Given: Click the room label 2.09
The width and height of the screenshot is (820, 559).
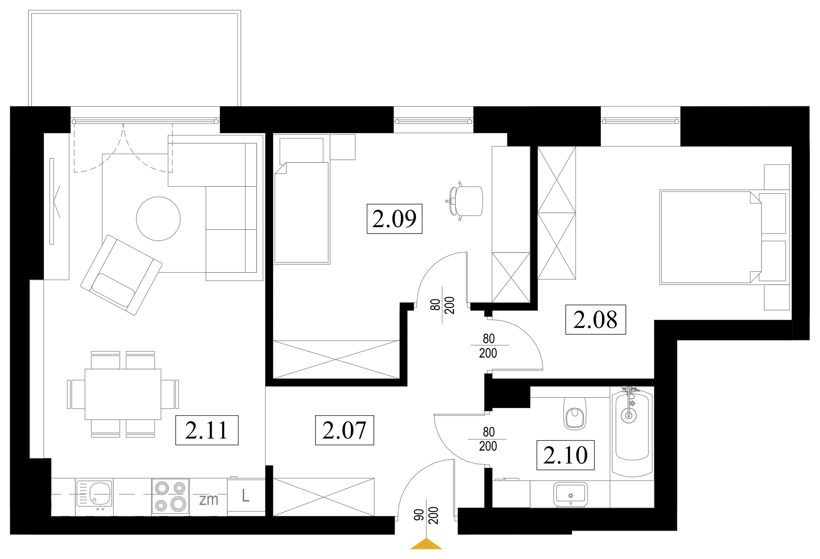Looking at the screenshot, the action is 395,219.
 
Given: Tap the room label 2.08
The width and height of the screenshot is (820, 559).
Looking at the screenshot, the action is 596,320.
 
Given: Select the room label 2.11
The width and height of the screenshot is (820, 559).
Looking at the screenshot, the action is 207,430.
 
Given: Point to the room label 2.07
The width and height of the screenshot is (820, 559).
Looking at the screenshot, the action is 344,430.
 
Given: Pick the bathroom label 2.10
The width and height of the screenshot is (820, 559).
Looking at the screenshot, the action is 565,455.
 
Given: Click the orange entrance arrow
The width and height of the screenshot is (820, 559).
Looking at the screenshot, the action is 426,544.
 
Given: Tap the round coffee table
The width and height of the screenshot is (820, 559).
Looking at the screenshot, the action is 159,219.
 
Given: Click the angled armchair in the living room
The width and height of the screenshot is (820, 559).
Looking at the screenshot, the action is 121,275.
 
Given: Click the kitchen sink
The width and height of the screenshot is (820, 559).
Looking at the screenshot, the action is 94,493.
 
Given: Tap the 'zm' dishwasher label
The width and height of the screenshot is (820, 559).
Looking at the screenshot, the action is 208,500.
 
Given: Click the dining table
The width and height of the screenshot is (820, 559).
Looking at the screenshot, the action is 123,394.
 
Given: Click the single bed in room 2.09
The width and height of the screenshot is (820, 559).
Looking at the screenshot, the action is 302,213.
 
